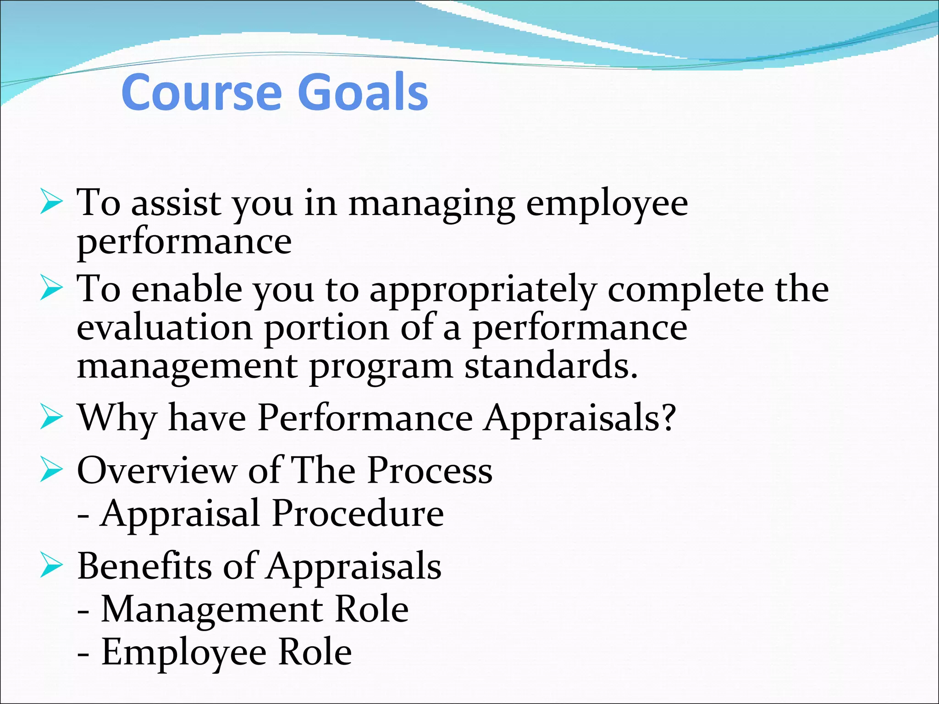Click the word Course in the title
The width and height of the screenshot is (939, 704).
[201, 93]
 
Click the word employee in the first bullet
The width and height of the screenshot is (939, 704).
[607, 204]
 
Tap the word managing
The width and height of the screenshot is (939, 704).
[431, 204]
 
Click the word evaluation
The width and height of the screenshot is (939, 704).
[165, 328]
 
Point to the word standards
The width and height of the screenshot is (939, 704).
[551, 366]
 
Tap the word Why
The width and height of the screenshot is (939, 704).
[118, 418]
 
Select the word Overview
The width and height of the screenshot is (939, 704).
[156, 470]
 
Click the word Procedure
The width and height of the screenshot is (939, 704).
[358, 513]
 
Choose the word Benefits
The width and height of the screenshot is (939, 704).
[144, 566]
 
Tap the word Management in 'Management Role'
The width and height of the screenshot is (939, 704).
[212, 610]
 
